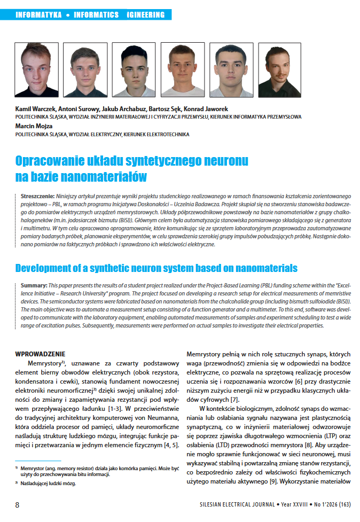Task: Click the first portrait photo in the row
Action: point(29,69)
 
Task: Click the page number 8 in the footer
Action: point(17,505)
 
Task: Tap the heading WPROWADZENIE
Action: point(40,353)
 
